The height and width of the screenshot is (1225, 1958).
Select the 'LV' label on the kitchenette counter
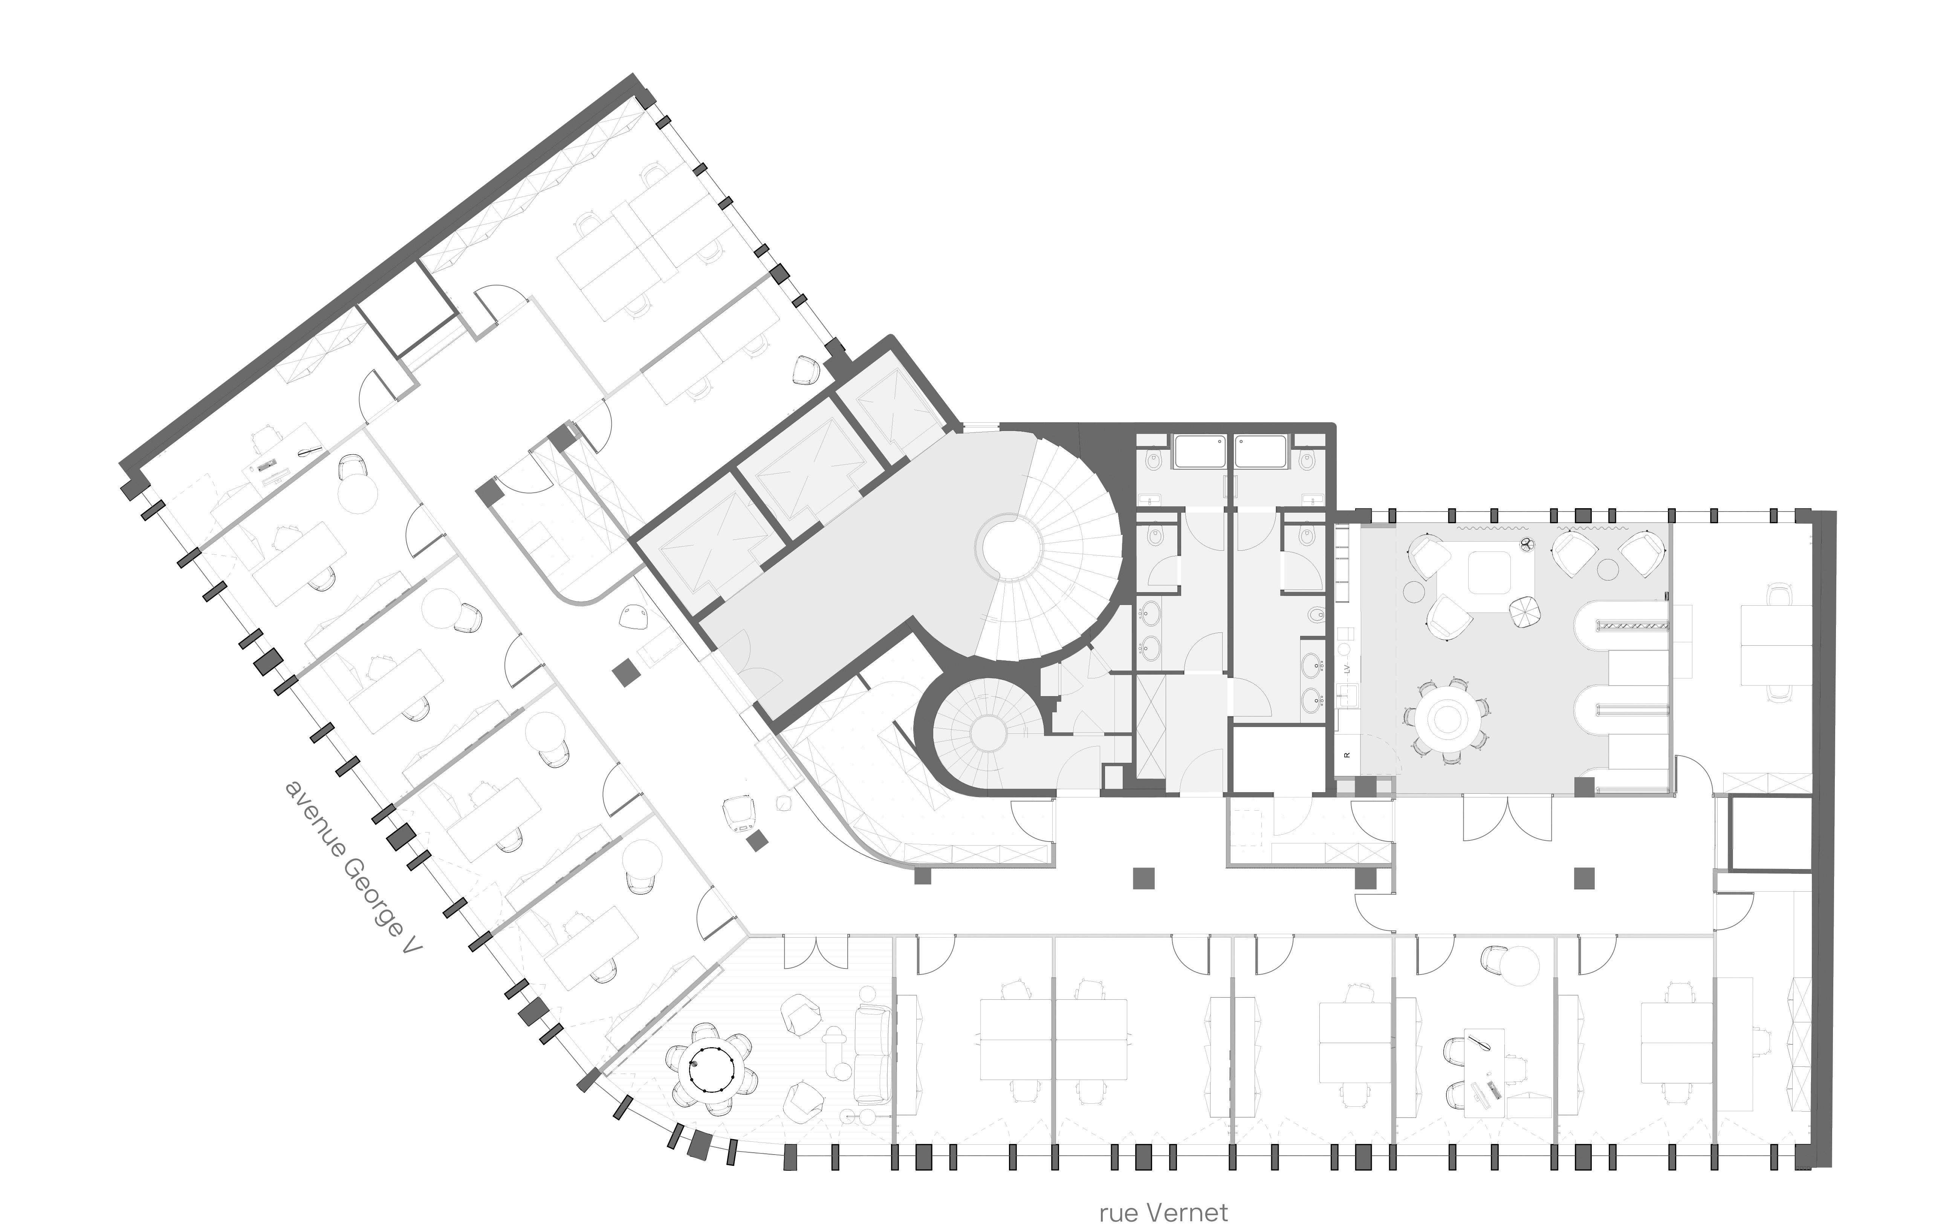(1347, 669)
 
